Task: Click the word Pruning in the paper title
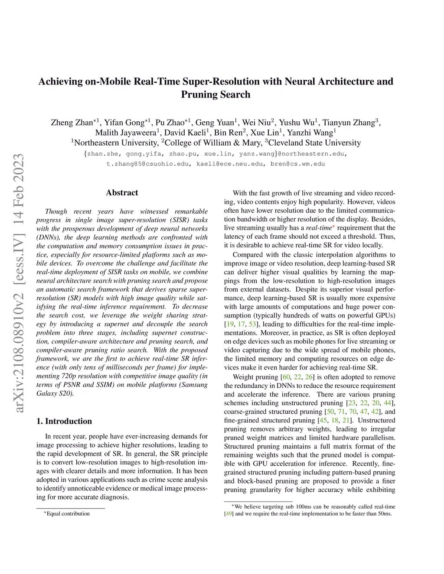coord(197,94)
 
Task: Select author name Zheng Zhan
coord(72,123)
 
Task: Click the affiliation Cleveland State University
coord(314,143)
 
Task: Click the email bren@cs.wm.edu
coord(297,164)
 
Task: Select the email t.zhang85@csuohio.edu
coord(148,164)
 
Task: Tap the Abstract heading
coord(122,193)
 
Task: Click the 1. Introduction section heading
coord(64,421)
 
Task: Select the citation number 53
coord(252,324)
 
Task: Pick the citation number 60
coord(286,377)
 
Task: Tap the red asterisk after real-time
coord(333,227)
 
